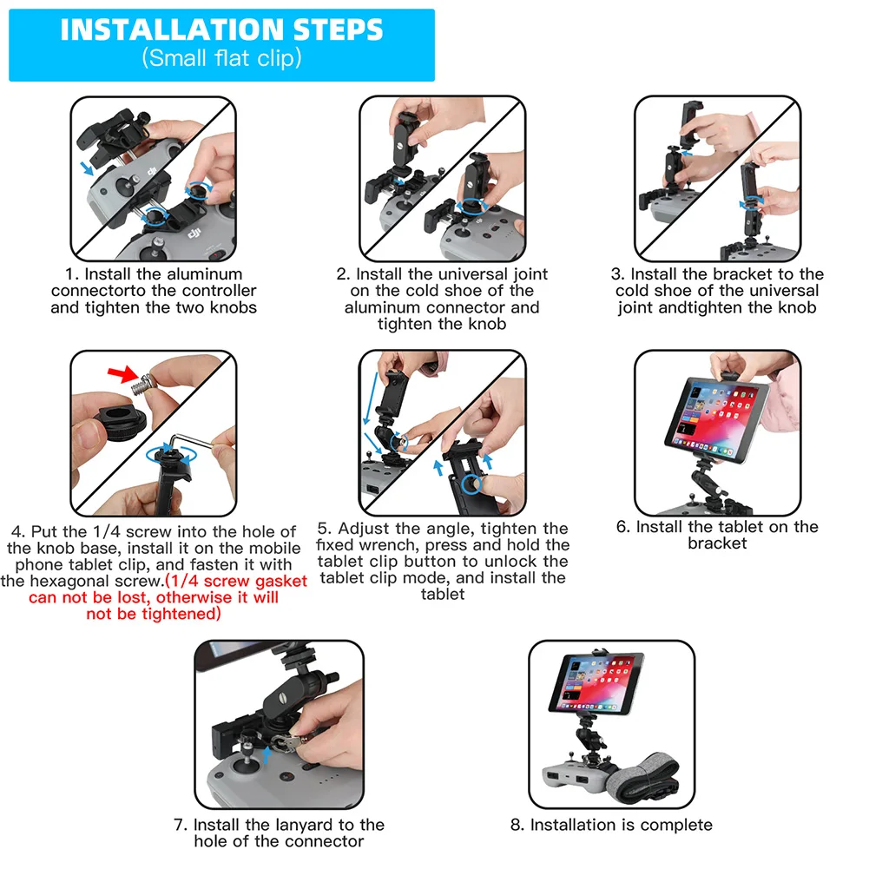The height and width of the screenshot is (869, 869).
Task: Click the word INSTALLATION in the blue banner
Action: coord(172,30)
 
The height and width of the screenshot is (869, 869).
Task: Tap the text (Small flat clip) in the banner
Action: coord(221,58)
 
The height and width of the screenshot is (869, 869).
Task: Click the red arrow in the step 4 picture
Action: coord(123,373)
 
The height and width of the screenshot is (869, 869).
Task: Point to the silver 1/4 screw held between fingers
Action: coord(142,385)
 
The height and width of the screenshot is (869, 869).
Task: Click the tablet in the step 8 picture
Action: coord(596,682)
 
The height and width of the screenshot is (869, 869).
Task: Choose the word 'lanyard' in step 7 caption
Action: coord(304,826)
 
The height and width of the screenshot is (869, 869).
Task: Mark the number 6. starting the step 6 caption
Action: coord(623,527)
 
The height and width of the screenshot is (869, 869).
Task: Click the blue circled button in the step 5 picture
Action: coord(471,484)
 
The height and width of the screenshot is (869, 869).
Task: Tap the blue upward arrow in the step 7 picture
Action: coord(267,754)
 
